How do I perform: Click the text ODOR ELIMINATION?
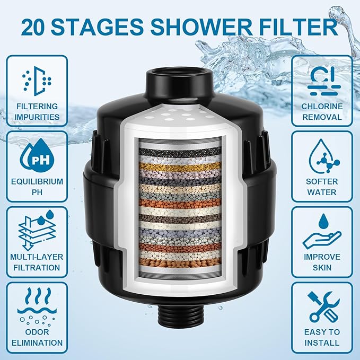point(37,337)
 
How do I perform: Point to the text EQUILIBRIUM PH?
point(37,187)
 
